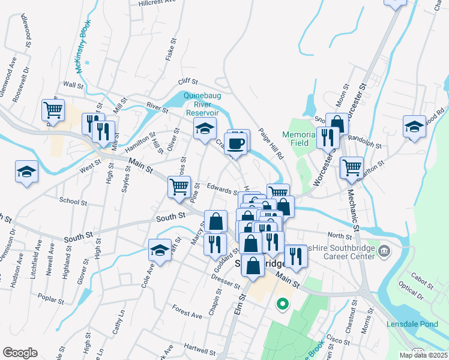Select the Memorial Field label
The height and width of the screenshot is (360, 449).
(299, 139)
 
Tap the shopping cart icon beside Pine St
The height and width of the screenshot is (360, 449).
(179, 188)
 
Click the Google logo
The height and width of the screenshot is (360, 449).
(20, 353)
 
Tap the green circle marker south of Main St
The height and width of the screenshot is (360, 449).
(282, 305)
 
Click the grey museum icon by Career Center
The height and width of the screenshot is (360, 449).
(385, 250)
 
